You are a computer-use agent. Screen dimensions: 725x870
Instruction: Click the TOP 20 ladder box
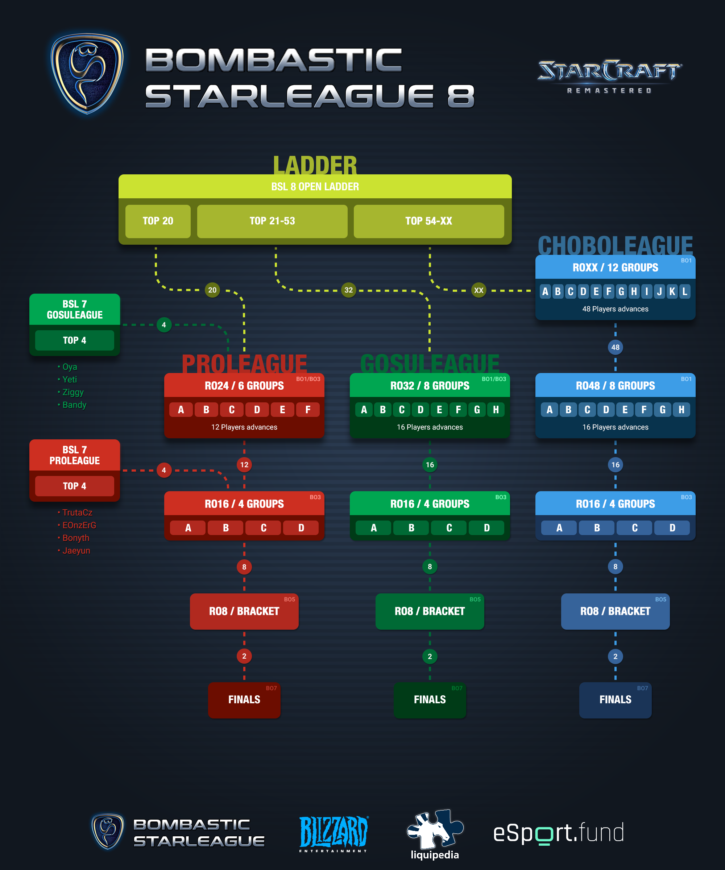[158, 221]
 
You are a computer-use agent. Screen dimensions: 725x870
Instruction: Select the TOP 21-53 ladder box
[272, 221]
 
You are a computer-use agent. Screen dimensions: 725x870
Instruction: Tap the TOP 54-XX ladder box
[429, 221]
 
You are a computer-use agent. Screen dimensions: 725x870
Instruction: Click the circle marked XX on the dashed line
[478, 290]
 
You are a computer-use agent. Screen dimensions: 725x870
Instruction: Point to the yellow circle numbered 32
[349, 290]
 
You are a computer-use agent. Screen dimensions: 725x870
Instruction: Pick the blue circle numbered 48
[615, 347]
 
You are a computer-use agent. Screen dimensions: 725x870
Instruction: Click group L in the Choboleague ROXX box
[685, 291]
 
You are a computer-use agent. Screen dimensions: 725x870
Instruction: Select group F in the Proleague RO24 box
[308, 410]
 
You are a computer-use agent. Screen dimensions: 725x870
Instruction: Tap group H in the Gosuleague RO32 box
[496, 410]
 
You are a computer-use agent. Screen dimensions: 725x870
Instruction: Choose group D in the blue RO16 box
[672, 528]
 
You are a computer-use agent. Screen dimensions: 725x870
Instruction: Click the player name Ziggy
[73, 392]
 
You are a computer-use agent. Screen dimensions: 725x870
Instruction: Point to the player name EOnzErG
[79, 525]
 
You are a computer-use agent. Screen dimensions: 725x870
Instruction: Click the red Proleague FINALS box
[244, 700]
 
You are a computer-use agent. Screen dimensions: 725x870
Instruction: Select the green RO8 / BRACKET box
[430, 612]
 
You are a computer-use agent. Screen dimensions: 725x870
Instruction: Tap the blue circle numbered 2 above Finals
[615, 656]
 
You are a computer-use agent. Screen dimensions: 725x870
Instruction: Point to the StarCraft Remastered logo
[609, 76]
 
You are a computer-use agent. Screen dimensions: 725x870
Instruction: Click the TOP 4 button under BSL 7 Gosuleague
[75, 340]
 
